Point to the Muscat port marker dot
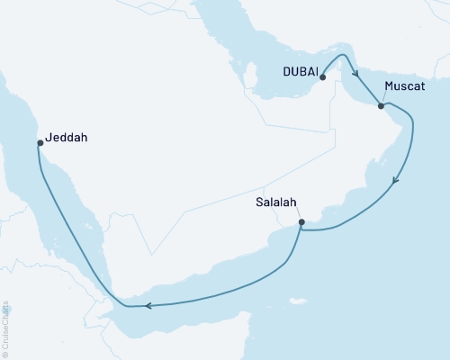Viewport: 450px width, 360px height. [381, 106]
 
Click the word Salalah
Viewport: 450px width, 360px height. [276, 203]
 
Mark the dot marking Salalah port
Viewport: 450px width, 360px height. [301, 222]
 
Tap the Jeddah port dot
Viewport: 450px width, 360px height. [40, 142]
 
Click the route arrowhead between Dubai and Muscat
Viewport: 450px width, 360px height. [356, 76]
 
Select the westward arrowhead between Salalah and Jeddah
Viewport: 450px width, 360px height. [146, 306]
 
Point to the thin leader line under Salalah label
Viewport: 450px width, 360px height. [297, 215]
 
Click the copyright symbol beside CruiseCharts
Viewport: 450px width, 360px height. [6, 354]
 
